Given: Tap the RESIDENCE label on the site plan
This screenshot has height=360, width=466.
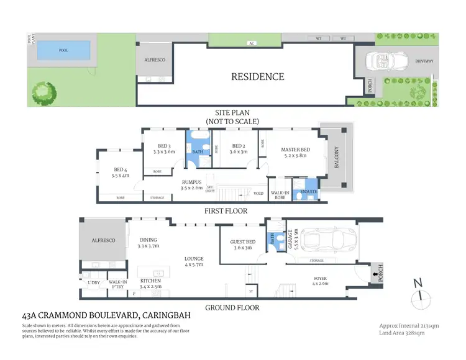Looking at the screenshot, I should coord(258,77).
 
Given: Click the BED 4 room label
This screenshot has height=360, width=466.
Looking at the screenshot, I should coord(121,169).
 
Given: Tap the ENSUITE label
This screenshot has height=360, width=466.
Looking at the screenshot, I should coord(309,192).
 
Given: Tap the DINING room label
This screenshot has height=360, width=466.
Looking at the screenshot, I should coord(148,240).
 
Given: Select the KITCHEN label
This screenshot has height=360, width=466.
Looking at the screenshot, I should coord(150,281).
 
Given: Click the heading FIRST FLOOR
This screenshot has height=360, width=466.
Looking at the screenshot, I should coord(226,211).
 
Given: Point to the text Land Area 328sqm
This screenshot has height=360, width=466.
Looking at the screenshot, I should coord(401,333).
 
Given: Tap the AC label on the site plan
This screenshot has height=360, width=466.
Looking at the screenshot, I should coord(252,43).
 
